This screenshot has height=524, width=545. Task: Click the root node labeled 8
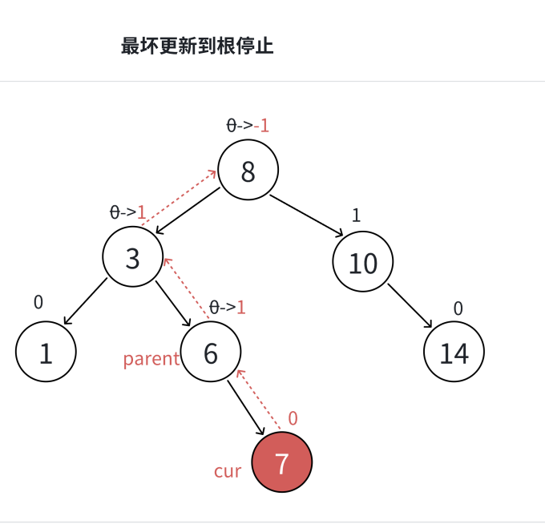(248, 171)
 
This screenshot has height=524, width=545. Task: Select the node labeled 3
(132, 257)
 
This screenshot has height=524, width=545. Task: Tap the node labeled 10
(363, 262)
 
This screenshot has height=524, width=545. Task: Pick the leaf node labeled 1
(46, 353)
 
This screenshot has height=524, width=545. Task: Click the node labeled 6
(211, 353)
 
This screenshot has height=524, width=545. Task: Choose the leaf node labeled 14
(454, 353)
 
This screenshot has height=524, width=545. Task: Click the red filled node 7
(281, 462)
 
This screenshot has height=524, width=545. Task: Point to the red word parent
(151, 359)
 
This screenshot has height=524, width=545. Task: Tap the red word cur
(228, 471)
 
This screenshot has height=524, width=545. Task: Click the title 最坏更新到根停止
(197, 46)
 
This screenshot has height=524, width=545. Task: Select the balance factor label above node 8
(248, 126)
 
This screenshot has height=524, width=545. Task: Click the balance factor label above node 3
(128, 212)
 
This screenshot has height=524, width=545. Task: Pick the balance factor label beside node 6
(227, 307)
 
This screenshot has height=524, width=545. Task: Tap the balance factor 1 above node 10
(357, 215)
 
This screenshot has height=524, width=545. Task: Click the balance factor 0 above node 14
(458, 308)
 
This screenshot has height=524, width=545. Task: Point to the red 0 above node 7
(293, 418)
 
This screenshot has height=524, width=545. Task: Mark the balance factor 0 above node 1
(38, 302)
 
